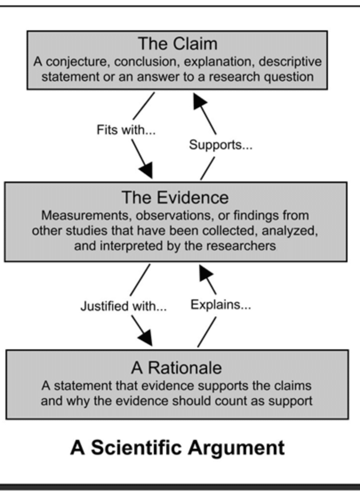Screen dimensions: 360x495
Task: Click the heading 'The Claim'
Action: click(x=177, y=44)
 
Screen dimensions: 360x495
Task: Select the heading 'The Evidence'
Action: click(x=176, y=197)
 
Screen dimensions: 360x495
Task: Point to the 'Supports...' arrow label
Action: click(x=221, y=145)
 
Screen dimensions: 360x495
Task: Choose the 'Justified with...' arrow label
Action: click(x=124, y=307)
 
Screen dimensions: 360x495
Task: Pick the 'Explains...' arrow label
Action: click(x=221, y=305)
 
